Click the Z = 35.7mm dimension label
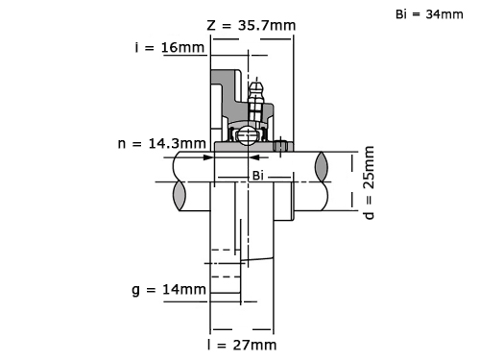click(x=252, y=25)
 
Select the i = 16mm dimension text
click(x=170, y=47)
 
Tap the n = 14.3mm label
click(x=162, y=143)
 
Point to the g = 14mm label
click(x=169, y=290)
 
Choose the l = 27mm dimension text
click(x=242, y=345)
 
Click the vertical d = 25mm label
click(x=369, y=182)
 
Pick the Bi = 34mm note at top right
click(x=429, y=14)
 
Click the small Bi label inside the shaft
click(x=258, y=176)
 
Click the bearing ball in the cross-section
click(x=247, y=135)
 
